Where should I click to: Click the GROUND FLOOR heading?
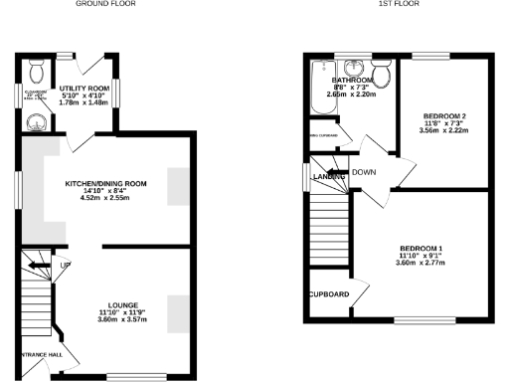tap(104, 4)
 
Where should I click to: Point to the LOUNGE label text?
tap(124, 303)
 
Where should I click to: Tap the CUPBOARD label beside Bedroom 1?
tap(328, 294)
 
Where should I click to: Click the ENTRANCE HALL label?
tap(34, 354)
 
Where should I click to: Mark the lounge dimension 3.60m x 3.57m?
tap(124, 320)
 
